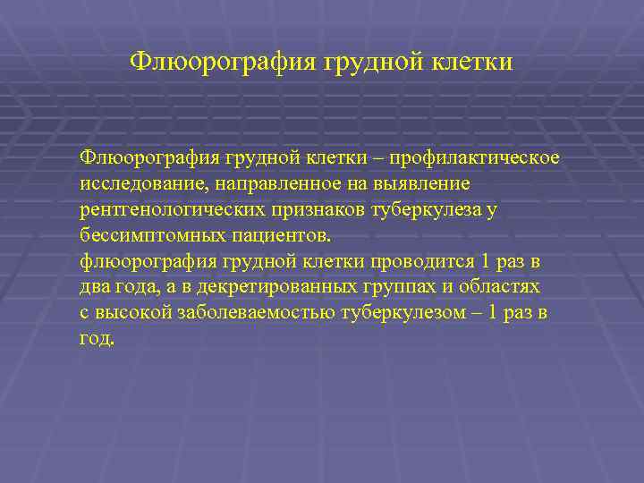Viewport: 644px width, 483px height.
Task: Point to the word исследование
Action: coord(131,184)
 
